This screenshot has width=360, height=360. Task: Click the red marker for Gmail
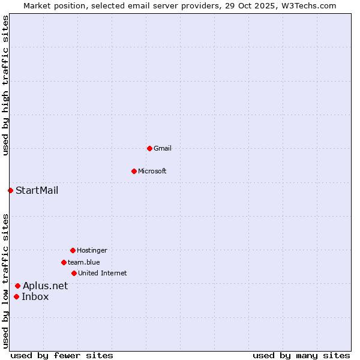149,148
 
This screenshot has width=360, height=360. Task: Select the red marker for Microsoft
134,171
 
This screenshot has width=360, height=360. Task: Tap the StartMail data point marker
10,190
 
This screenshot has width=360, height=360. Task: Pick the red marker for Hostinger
73,250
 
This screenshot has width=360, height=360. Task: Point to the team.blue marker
64,262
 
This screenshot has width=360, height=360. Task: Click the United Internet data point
74,273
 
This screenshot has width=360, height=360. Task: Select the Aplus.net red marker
17,286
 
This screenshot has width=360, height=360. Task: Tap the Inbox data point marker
16,296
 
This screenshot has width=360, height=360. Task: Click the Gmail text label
163,148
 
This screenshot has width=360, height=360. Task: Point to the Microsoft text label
152,171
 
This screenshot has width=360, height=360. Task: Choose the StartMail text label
37,191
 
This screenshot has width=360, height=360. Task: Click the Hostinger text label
92,250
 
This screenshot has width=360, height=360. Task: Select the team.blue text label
84,262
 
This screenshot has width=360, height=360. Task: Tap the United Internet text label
103,273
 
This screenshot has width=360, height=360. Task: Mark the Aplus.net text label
46,286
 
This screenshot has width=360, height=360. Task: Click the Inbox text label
35,296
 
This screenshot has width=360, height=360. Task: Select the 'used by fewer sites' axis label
62,355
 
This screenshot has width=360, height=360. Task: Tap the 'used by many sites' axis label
301,355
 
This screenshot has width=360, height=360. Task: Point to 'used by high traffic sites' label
5,85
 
